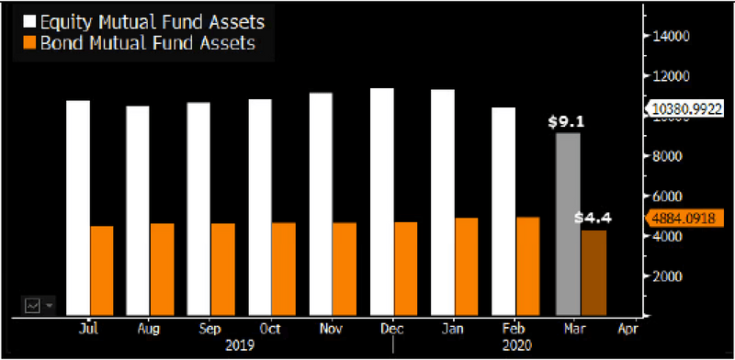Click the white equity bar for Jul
pyautogui.click(x=78, y=207)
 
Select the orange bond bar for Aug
pyautogui.click(x=162, y=268)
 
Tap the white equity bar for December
pyautogui.click(x=382, y=201)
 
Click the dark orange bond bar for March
pyautogui.click(x=594, y=272)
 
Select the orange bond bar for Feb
pyautogui.click(x=528, y=265)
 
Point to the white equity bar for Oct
pyautogui.click(x=260, y=207)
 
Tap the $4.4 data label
pyautogui.click(x=593, y=219)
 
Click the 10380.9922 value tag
pyautogui.click(x=688, y=108)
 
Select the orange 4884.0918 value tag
pyautogui.click(x=688, y=219)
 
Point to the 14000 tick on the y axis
pyautogui.click(x=671, y=36)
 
